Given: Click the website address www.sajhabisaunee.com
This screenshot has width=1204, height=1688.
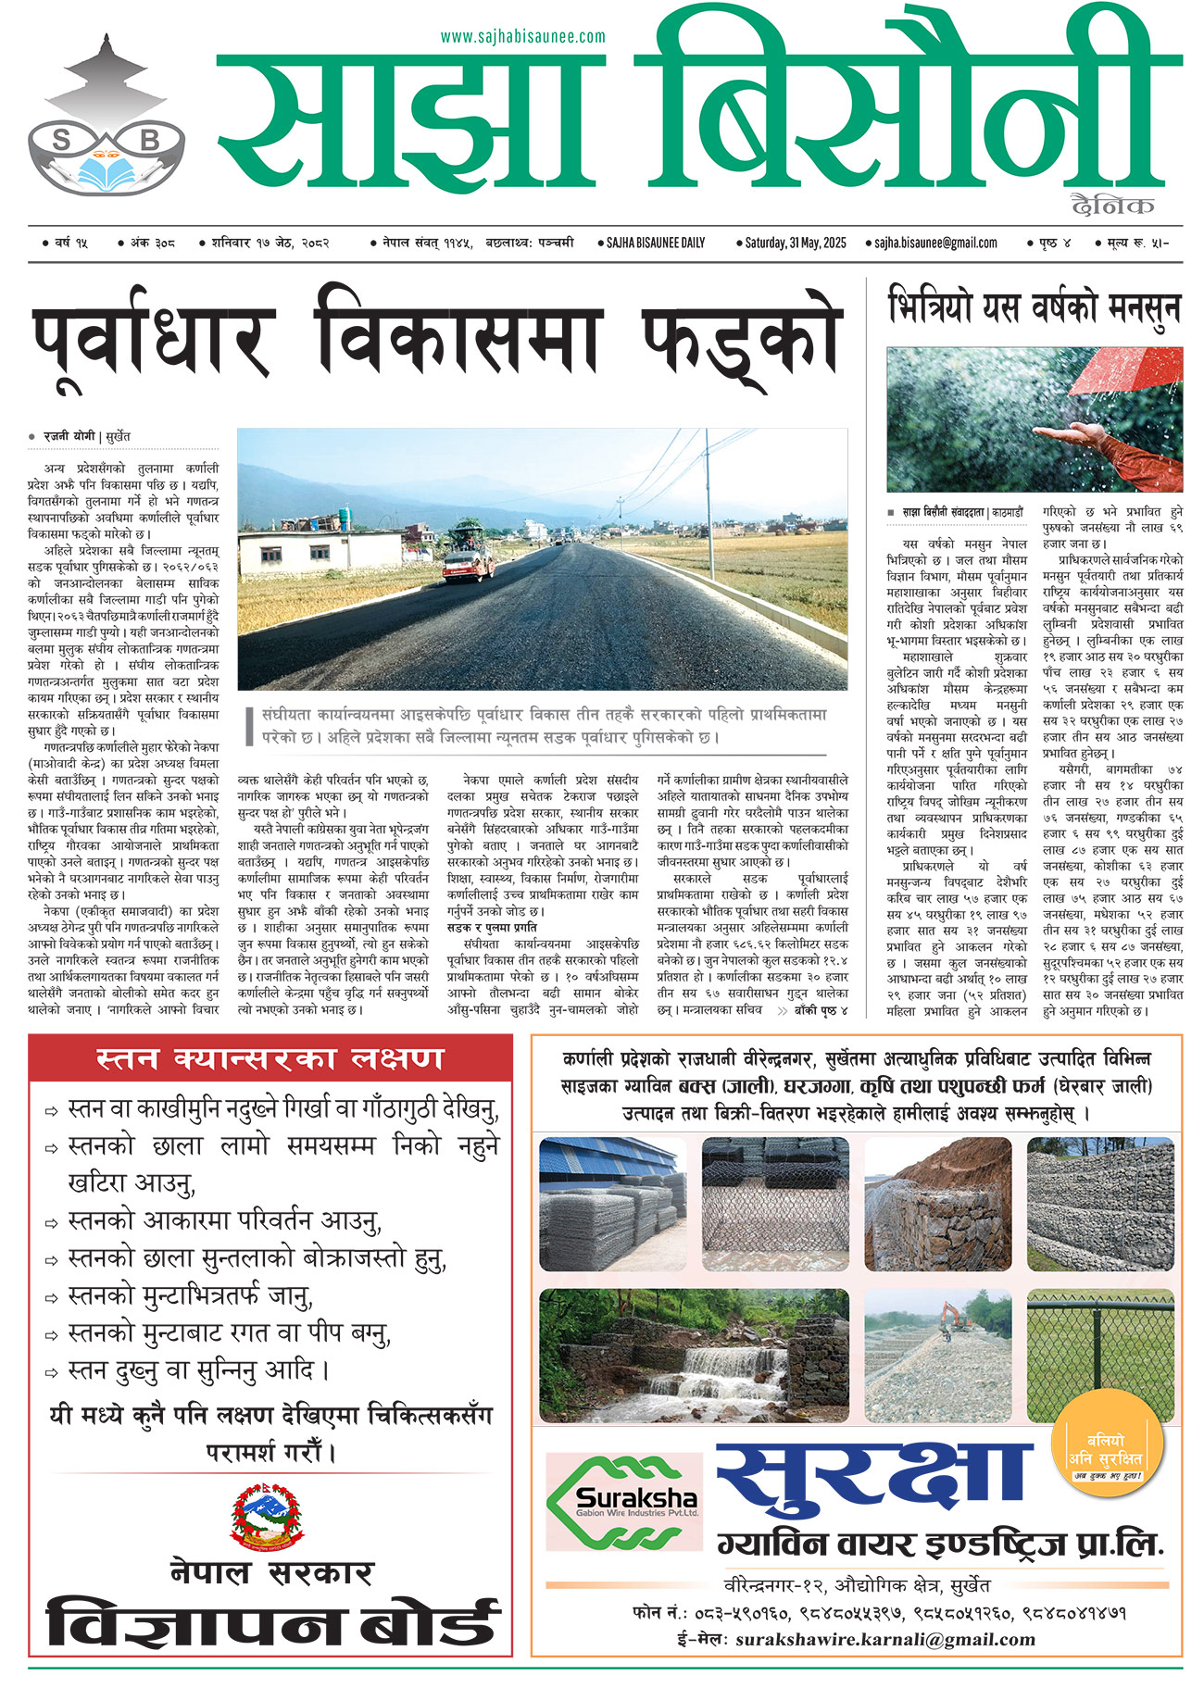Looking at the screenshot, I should click(522, 37).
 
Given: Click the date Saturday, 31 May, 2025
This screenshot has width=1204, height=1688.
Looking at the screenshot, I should click(796, 243).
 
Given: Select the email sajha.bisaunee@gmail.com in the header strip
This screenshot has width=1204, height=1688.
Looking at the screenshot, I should click(935, 243).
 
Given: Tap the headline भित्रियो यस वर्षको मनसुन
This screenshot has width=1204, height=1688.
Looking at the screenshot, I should click(1034, 307).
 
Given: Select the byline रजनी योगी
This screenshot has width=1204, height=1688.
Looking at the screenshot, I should click(70, 435).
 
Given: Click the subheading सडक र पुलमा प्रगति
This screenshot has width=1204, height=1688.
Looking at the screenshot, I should click(492, 927).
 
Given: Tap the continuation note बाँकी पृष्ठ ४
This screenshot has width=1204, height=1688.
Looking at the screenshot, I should click(820, 1010).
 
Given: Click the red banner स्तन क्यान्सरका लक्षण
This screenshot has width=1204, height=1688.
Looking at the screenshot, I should click(270, 1058).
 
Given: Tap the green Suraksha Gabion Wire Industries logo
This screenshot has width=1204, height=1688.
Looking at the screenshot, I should click(622, 1502).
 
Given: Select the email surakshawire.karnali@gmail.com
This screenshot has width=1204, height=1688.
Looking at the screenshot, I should click(884, 1639).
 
